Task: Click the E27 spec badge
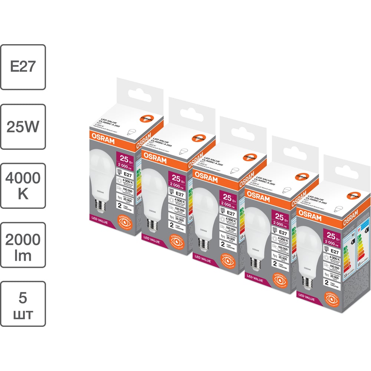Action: pyautogui.click(x=23, y=67)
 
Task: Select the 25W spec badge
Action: pyautogui.click(x=23, y=127)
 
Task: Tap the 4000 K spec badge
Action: pyautogui.click(x=23, y=185)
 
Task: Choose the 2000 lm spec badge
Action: pyautogui.click(x=23, y=245)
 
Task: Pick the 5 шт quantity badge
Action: pyautogui.click(x=23, y=304)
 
